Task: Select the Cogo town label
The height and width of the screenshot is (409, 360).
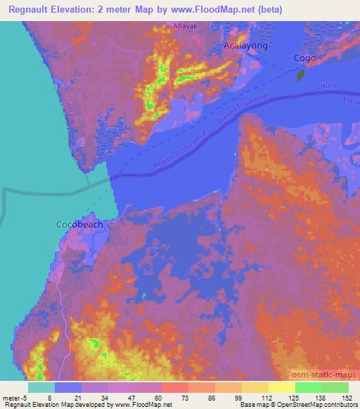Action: click(x=304, y=58)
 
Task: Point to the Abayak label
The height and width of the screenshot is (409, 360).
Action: click(x=185, y=26)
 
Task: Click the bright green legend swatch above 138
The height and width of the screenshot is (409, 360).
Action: click(x=309, y=387)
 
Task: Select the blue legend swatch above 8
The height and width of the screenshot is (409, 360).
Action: click(x=67, y=387)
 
